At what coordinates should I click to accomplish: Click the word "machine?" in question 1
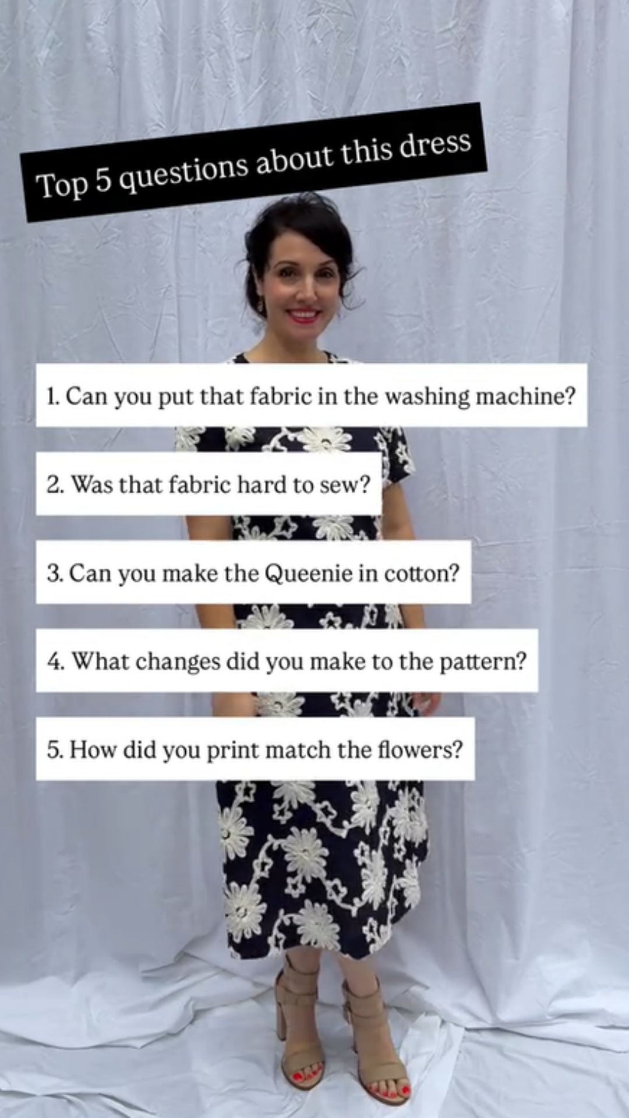pos(525,396)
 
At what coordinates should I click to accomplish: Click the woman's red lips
pos(303,315)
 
